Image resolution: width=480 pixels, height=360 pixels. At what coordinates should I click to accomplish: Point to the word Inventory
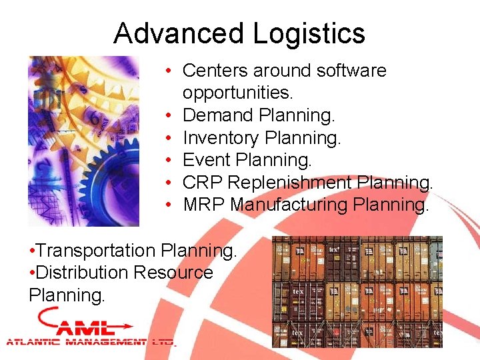221,138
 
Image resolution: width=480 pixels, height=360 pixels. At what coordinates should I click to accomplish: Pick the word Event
206,160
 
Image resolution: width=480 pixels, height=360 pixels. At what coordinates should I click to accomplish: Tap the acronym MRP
203,205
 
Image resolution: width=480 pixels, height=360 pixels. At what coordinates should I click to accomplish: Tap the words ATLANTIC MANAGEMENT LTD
90,342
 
